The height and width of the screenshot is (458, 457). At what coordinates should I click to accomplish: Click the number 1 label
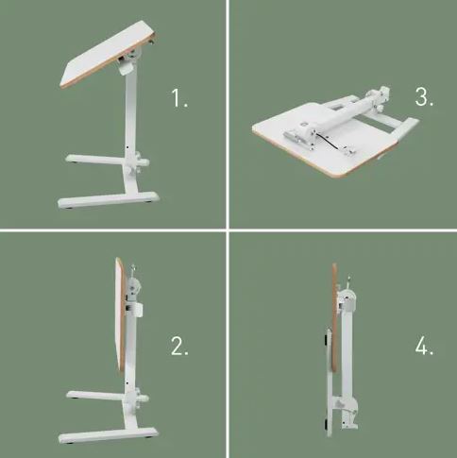point(179,98)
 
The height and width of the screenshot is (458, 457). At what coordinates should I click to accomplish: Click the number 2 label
point(179,346)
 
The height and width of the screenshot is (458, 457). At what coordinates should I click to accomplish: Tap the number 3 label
point(424,96)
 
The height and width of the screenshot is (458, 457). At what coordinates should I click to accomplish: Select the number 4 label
point(424,346)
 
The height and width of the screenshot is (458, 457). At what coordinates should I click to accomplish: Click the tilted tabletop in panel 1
point(109,54)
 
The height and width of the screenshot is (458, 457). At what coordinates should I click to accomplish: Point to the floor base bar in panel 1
point(109,200)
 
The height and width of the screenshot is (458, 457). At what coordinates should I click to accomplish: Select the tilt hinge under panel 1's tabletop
point(127,64)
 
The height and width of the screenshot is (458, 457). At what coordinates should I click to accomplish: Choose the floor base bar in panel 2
point(108,435)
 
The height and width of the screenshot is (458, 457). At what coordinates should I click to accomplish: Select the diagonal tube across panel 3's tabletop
point(342,115)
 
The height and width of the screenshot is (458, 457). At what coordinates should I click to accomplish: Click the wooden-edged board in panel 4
point(334,318)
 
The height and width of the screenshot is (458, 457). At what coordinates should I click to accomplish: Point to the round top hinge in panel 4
point(348,298)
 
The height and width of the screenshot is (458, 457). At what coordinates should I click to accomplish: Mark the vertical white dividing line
point(228,229)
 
